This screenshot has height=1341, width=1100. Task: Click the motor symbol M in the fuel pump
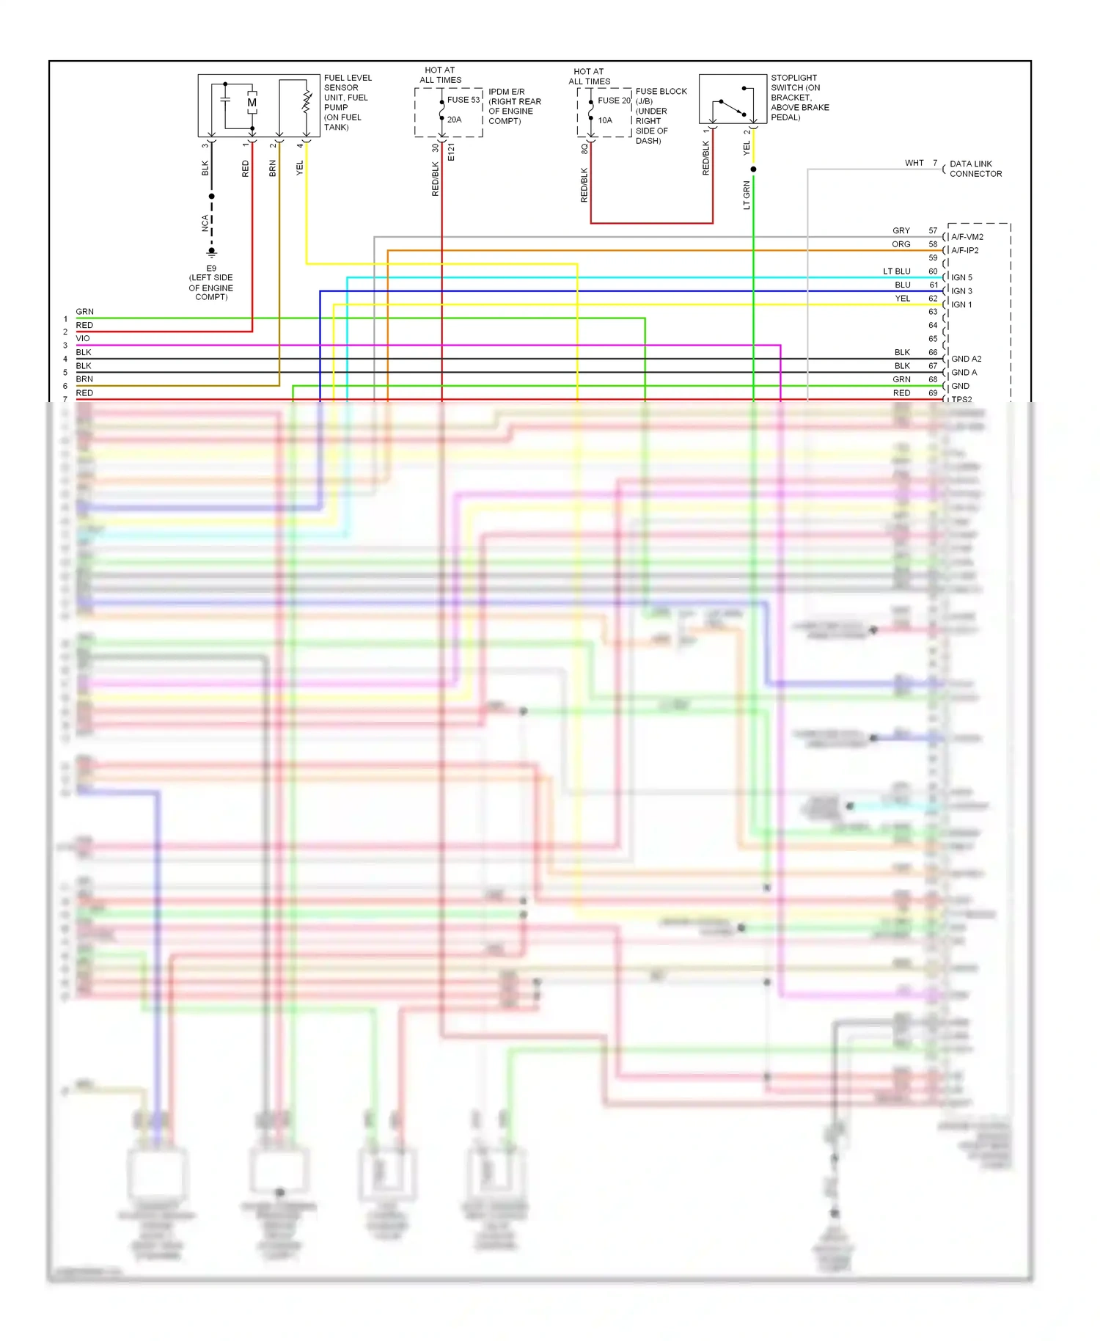click(252, 103)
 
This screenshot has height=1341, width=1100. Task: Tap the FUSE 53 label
click(463, 100)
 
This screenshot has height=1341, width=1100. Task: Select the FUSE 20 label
click(614, 101)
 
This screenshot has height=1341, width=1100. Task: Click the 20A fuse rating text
click(455, 120)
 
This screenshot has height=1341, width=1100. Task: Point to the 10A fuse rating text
click(605, 120)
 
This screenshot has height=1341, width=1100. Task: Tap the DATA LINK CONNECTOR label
click(975, 169)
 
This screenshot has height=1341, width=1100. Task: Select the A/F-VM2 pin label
click(967, 237)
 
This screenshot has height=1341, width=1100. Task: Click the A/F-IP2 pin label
click(965, 250)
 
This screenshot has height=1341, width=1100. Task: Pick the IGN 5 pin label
click(961, 277)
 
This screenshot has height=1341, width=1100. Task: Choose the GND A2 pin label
click(966, 359)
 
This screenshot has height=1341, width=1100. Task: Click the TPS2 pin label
click(961, 399)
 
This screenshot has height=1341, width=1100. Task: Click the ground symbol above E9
click(212, 252)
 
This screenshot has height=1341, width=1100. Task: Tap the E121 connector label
click(451, 152)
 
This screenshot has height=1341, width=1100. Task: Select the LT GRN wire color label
click(747, 195)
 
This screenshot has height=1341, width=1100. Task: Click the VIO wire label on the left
click(83, 338)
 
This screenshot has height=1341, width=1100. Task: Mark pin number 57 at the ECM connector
click(933, 230)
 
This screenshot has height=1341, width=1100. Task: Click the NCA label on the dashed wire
click(205, 223)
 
